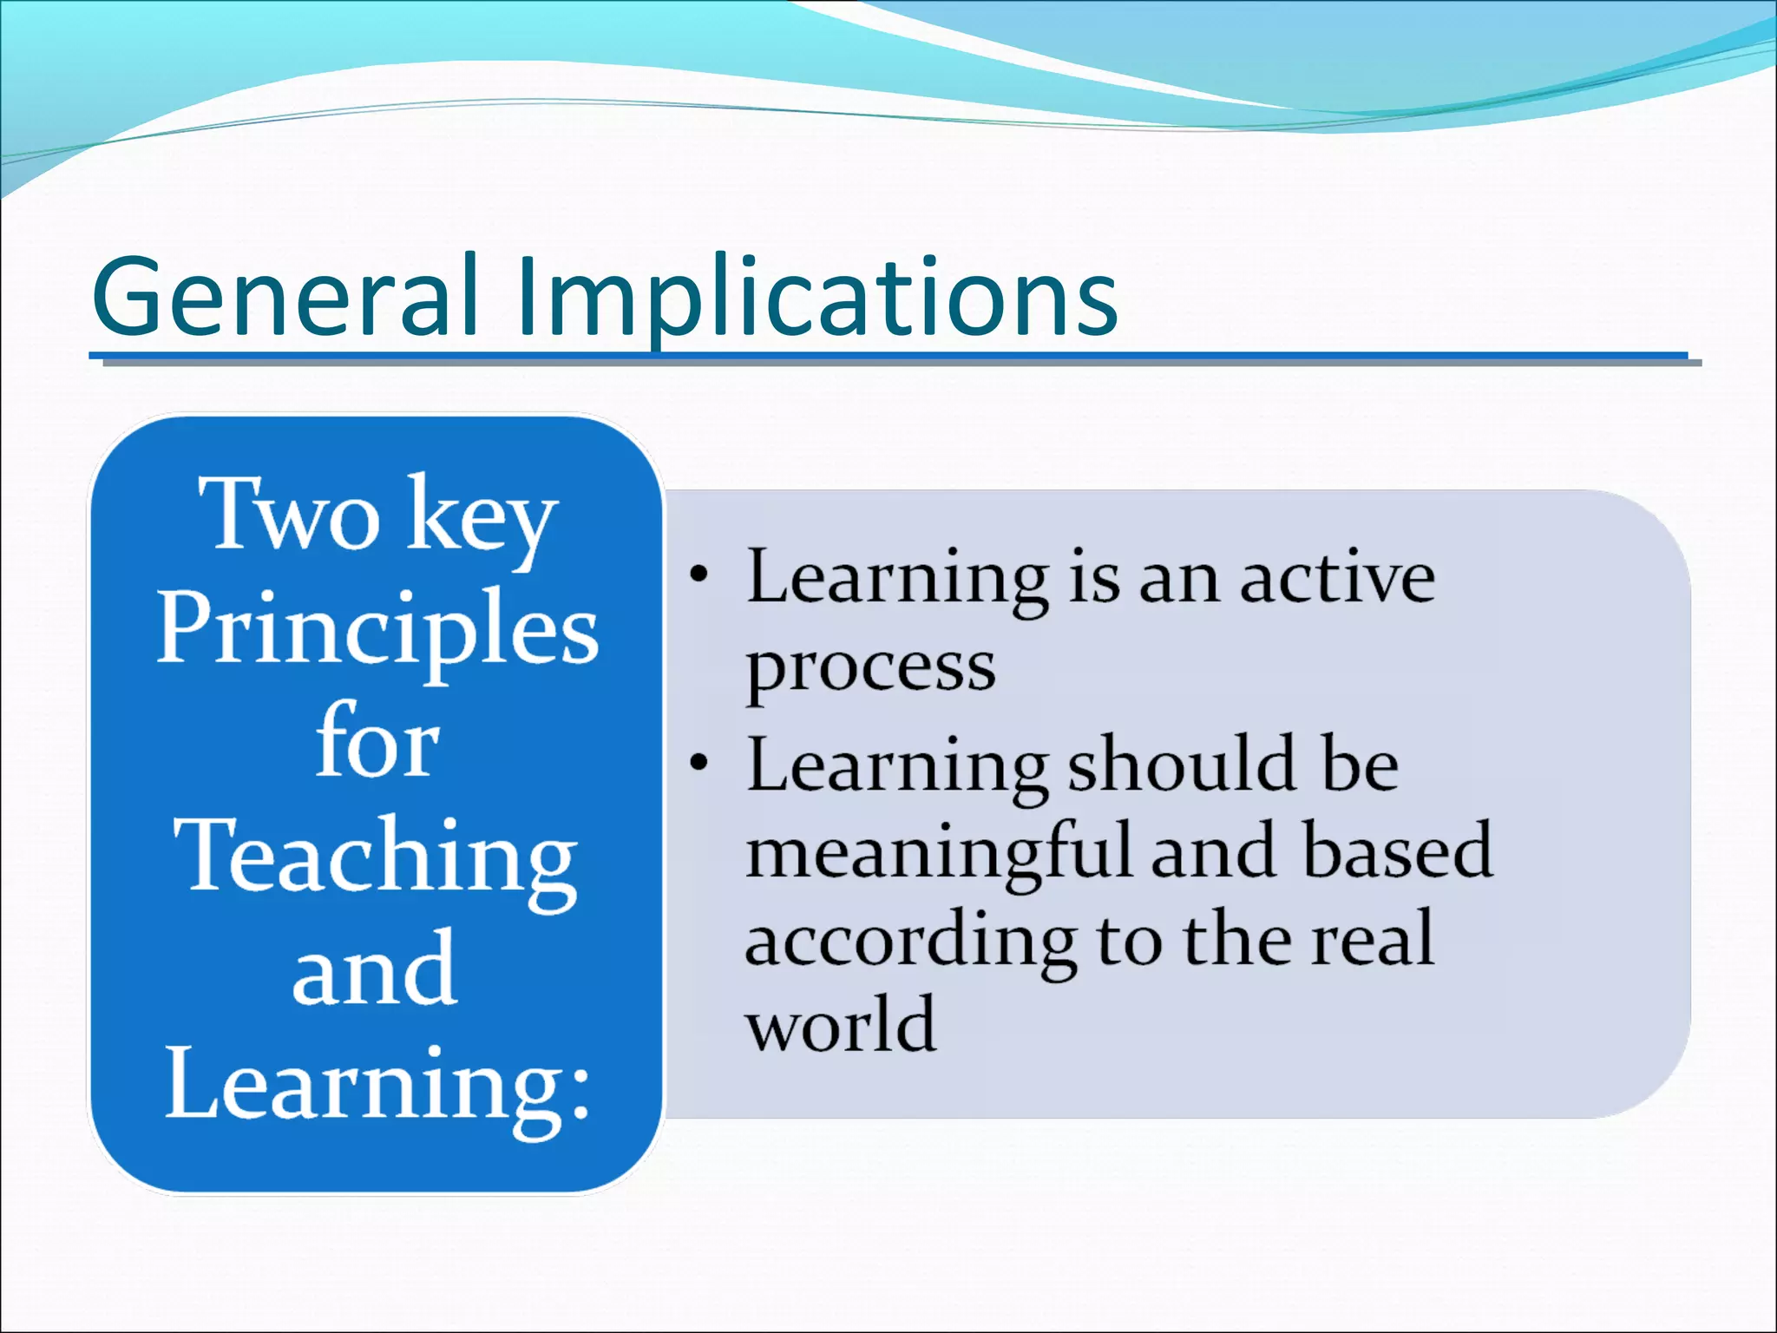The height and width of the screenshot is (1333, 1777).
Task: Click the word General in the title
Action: pos(286,297)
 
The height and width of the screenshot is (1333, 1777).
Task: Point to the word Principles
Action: pos(377,629)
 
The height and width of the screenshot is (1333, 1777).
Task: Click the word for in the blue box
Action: pos(377,742)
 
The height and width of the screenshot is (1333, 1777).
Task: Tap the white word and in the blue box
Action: pos(375,970)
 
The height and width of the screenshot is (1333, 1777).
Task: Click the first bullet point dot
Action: pos(699,575)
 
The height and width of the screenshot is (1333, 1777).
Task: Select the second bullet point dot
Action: pos(699,763)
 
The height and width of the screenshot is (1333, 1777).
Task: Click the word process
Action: pos(870,668)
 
